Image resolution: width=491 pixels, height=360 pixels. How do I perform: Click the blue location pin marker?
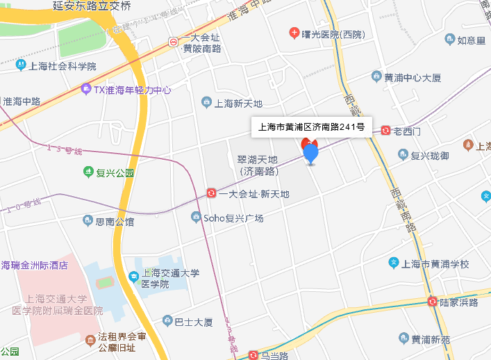(x=310, y=152)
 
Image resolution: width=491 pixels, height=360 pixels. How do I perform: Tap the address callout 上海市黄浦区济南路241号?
(x=315, y=127)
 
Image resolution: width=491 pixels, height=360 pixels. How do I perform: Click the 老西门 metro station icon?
(x=385, y=130)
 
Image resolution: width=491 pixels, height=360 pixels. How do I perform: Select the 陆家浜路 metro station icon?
(x=433, y=302)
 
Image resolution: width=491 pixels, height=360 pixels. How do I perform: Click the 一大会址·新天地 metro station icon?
(x=212, y=193)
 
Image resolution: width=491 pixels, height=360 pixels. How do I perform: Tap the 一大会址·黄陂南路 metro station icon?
(x=173, y=42)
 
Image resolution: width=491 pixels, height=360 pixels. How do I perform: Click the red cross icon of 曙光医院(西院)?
(x=294, y=33)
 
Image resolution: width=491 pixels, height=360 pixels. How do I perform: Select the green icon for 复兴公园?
(x=88, y=172)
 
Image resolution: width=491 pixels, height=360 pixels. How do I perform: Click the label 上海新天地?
(x=238, y=104)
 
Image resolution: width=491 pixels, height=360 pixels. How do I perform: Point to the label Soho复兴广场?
(x=233, y=218)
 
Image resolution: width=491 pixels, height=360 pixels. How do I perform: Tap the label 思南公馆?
(x=115, y=222)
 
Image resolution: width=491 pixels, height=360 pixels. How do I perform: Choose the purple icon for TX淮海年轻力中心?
(x=85, y=89)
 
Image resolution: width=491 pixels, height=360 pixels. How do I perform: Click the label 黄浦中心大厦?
(x=413, y=77)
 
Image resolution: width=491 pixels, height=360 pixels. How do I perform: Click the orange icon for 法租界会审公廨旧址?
(x=91, y=341)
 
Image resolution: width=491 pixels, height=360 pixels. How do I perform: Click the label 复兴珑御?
(x=430, y=154)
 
